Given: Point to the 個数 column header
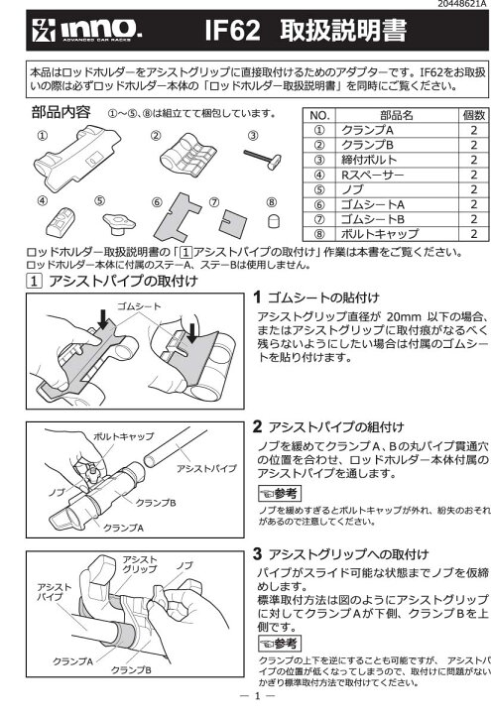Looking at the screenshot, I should click(x=473, y=143).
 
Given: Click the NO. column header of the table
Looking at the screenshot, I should click(x=318, y=143).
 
